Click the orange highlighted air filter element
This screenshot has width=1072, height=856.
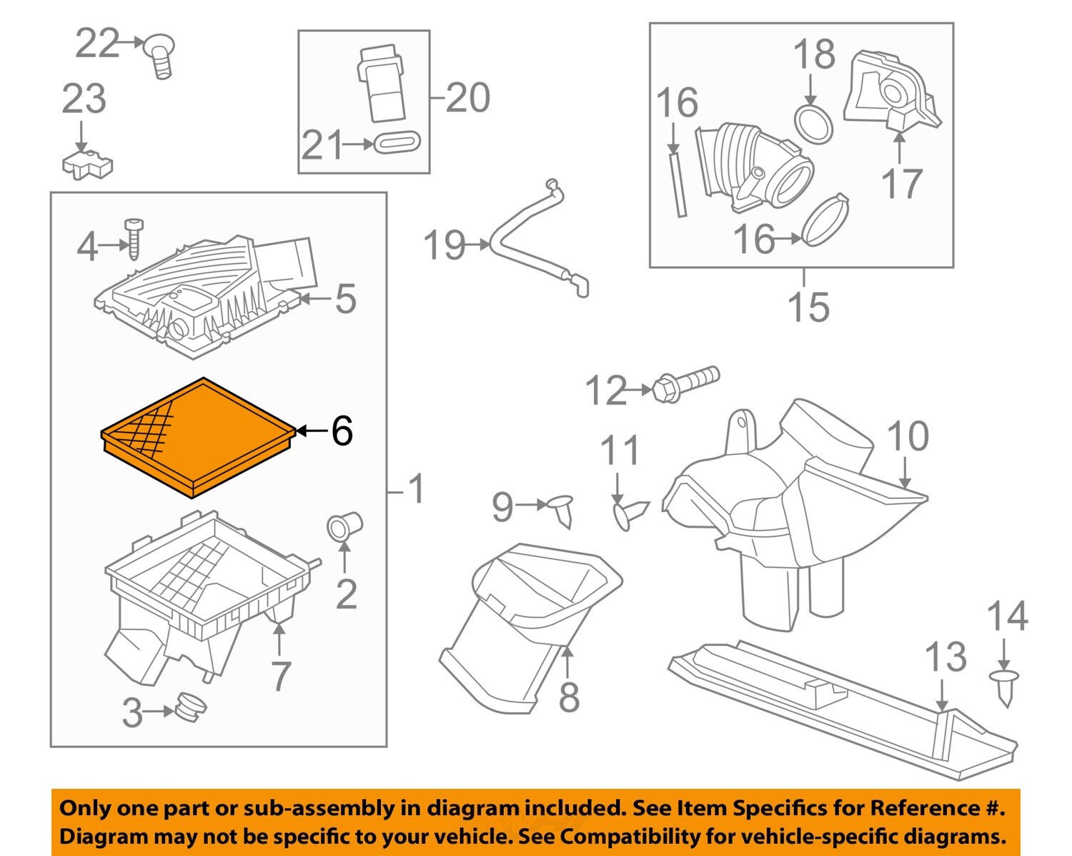click(x=198, y=436)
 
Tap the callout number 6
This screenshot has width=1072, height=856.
click(x=342, y=431)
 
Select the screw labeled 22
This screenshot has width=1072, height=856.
click(x=160, y=56)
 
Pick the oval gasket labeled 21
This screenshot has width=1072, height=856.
click(x=397, y=142)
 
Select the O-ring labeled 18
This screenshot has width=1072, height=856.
click(x=813, y=124)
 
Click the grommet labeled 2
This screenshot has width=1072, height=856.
click(x=344, y=526)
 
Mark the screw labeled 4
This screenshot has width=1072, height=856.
click(x=134, y=238)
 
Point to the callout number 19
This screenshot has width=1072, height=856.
click(x=445, y=245)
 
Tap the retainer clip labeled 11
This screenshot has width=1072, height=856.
click(x=629, y=513)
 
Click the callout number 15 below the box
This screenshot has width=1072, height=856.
click(x=808, y=307)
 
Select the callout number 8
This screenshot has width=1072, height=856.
click(x=568, y=697)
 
